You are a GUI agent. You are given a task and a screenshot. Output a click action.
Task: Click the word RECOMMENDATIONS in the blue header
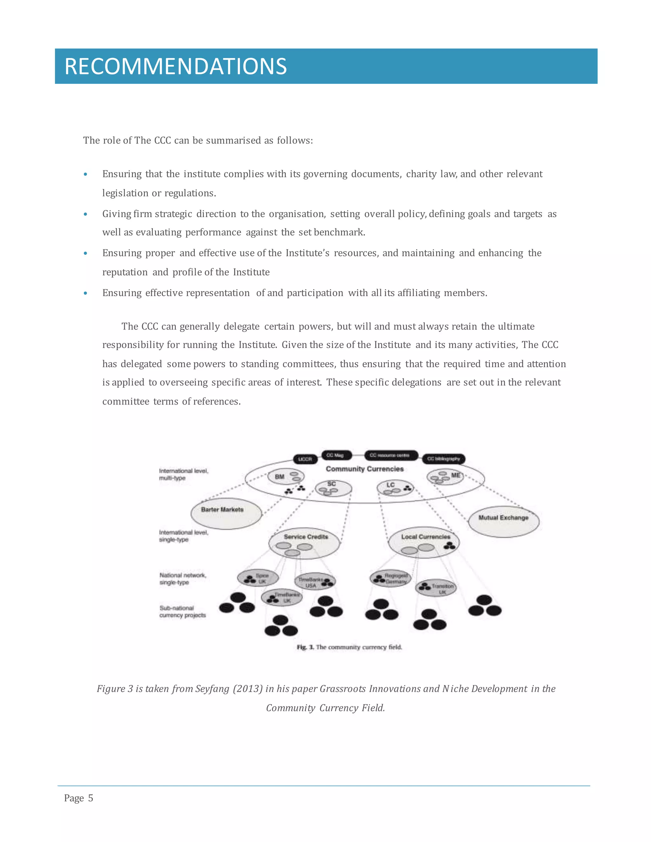(x=175, y=66)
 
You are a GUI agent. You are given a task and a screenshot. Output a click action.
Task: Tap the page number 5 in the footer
(x=91, y=798)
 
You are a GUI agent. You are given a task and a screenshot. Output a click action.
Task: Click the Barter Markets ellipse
(x=226, y=513)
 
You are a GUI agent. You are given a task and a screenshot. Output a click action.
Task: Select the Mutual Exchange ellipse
(x=503, y=521)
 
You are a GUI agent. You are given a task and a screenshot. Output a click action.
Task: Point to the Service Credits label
(x=306, y=537)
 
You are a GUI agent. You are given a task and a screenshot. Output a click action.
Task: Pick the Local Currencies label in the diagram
(x=425, y=537)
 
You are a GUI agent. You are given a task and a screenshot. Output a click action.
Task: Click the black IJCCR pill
(x=305, y=459)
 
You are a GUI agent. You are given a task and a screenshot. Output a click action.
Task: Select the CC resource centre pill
(x=390, y=455)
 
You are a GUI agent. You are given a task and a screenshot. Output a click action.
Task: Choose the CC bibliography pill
(x=444, y=459)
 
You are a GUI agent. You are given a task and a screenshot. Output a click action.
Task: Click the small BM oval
(x=286, y=477)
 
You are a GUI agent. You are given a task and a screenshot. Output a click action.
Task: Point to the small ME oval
(x=445, y=477)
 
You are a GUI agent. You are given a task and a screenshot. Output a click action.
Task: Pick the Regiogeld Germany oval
(x=390, y=578)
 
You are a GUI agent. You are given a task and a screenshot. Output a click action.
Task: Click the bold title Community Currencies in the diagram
(x=365, y=469)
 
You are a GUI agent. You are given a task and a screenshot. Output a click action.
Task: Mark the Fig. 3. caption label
(x=305, y=647)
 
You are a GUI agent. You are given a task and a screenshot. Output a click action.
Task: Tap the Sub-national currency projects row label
(x=182, y=611)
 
